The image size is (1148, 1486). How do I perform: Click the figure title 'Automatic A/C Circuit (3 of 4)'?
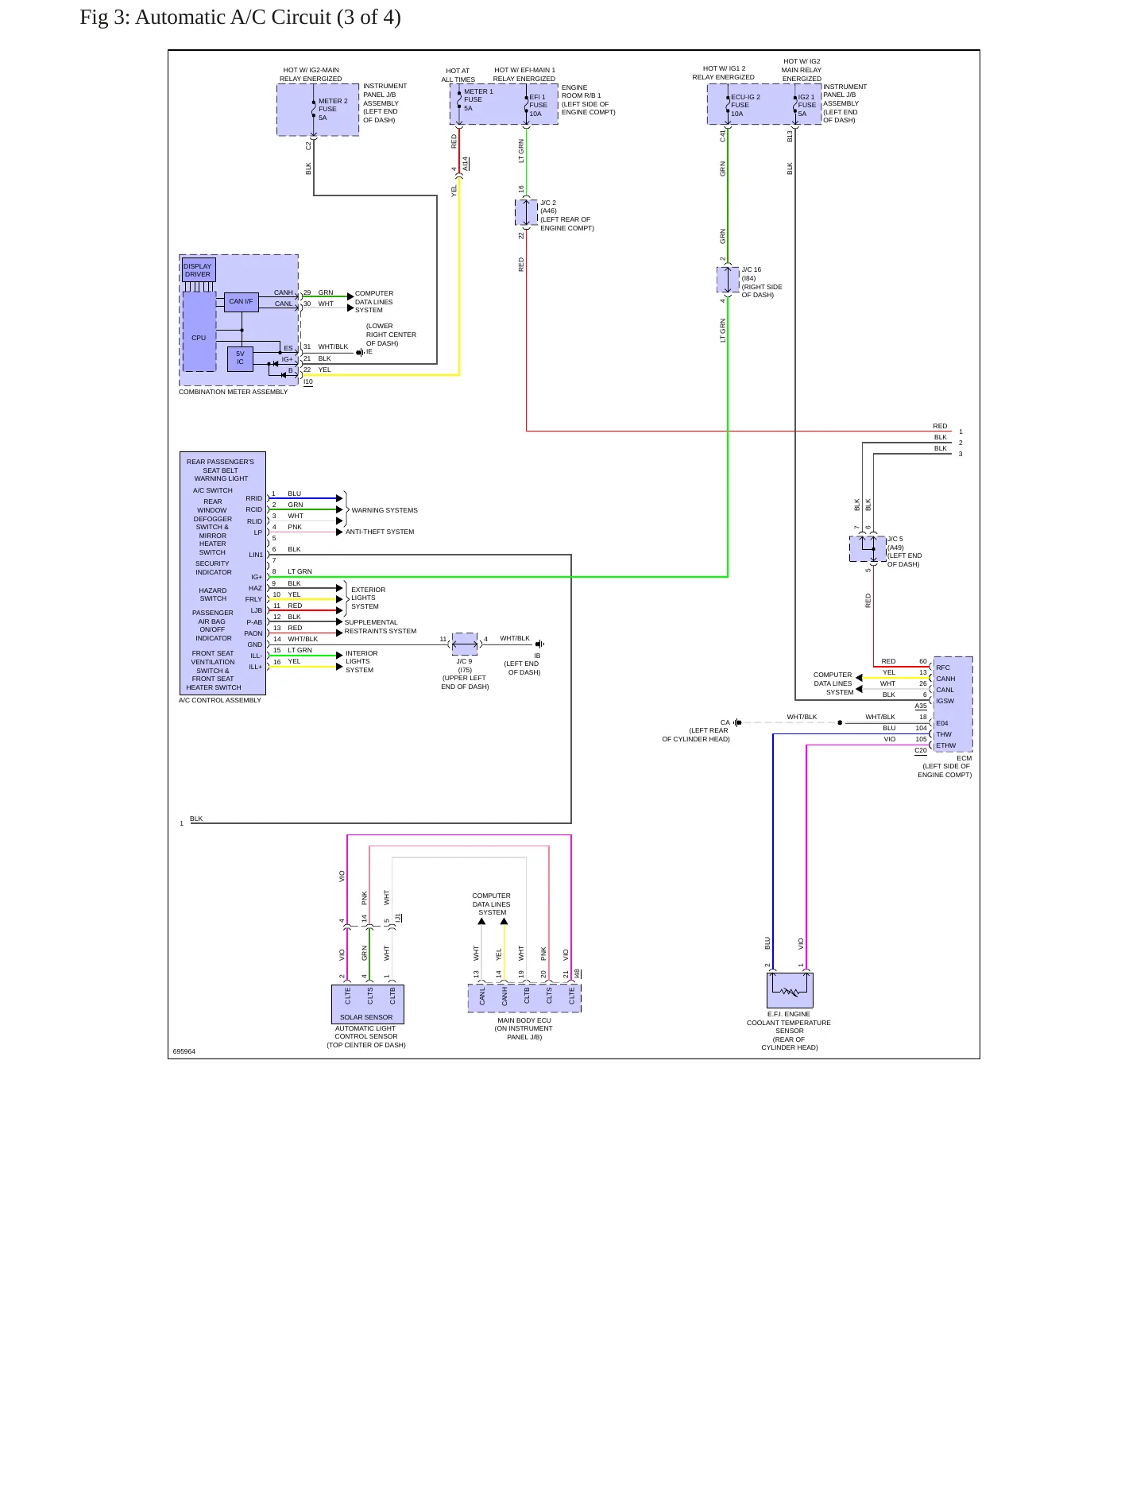(x=268, y=17)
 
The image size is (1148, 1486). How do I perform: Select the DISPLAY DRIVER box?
(x=198, y=270)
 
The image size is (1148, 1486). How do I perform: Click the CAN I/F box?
(x=241, y=301)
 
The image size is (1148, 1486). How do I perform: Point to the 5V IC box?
(x=240, y=359)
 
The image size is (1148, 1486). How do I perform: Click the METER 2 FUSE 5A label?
(x=333, y=110)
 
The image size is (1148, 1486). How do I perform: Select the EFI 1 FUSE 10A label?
(x=538, y=106)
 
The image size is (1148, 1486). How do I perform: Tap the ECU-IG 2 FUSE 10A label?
(x=745, y=106)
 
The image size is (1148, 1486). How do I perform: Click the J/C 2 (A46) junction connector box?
(x=526, y=212)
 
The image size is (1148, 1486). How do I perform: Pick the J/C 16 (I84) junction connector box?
(x=728, y=280)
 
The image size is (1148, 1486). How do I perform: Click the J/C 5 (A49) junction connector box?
(x=868, y=549)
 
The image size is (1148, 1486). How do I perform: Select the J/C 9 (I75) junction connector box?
(x=465, y=644)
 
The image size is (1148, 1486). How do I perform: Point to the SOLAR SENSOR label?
(x=366, y=1017)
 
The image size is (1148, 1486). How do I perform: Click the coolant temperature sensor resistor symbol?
(x=790, y=992)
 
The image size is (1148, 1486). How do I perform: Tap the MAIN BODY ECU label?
(x=524, y=1020)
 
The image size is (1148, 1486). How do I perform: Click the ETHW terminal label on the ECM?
(x=945, y=745)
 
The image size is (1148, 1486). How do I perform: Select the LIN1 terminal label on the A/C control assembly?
(x=256, y=555)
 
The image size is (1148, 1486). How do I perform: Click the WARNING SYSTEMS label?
(x=385, y=510)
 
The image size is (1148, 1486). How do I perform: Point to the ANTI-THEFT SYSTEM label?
(x=380, y=532)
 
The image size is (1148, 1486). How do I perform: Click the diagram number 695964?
(x=184, y=1051)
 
